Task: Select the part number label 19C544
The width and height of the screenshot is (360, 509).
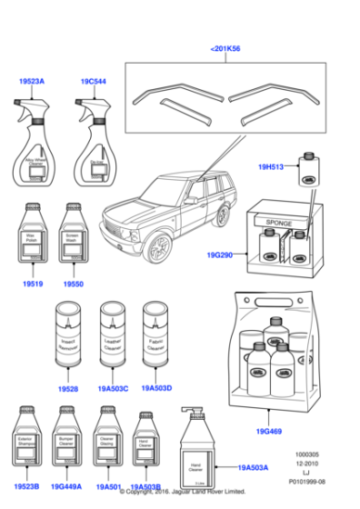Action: coord(94,82)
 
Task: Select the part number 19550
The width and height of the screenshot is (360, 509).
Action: coord(74,284)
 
